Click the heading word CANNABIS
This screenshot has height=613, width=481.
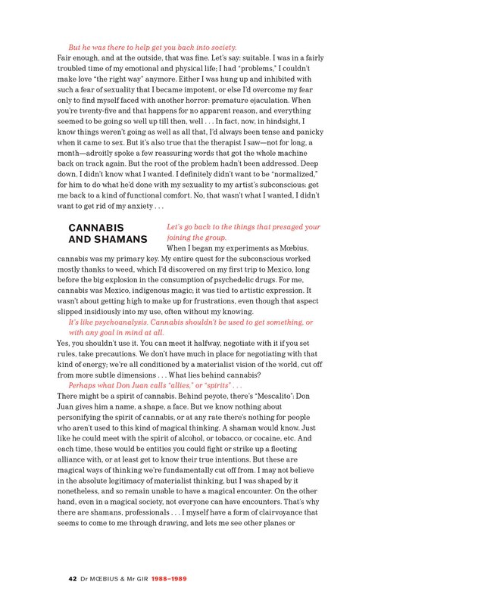(x=96, y=227)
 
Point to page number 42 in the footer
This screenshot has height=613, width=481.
(x=73, y=579)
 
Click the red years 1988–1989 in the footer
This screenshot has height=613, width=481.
(x=166, y=579)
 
